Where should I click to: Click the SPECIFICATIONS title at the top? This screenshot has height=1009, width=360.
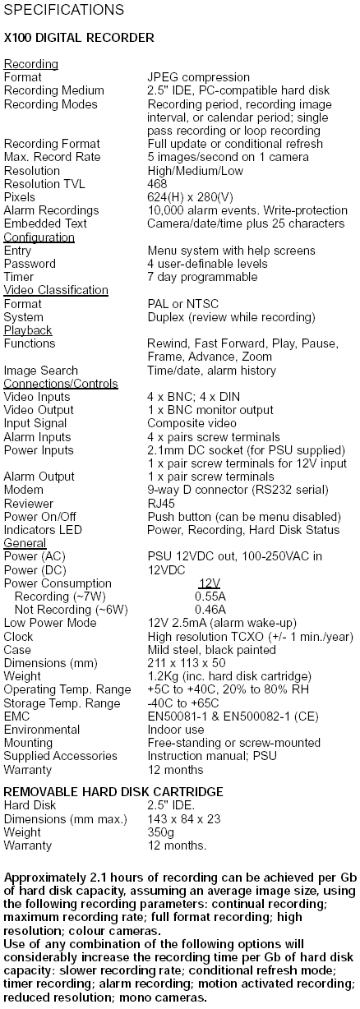pyautogui.click(x=63, y=10)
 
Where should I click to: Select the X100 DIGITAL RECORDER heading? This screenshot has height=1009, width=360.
pyautogui.click(x=79, y=38)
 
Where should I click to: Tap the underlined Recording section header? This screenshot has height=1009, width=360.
pyautogui.click(x=31, y=64)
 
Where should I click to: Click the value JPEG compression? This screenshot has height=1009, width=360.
pyautogui.click(x=198, y=78)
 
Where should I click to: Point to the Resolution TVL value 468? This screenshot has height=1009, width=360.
pyautogui.click(x=157, y=184)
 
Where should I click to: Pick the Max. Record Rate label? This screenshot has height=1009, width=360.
pyautogui.click(x=52, y=157)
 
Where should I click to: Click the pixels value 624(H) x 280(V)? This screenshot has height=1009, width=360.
pyautogui.click(x=190, y=197)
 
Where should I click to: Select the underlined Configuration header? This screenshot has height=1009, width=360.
pyautogui.click(x=39, y=237)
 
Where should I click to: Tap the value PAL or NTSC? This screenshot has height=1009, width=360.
pyautogui.click(x=183, y=304)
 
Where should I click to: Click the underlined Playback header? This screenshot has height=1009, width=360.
pyautogui.click(x=28, y=330)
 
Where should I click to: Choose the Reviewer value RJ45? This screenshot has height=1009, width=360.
pyautogui.click(x=161, y=504)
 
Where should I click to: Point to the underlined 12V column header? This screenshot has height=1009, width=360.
pyautogui.click(x=209, y=583)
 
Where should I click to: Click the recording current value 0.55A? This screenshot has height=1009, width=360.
pyautogui.click(x=210, y=597)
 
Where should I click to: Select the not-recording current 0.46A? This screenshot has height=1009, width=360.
pyautogui.click(x=210, y=610)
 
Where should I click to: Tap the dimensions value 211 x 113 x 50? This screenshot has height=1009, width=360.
pyautogui.click(x=187, y=663)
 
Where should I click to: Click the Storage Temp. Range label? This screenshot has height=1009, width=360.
pyautogui.click(x=62, y=703)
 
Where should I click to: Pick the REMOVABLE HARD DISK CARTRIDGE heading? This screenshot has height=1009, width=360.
pyautogui.click(x=113, y=792)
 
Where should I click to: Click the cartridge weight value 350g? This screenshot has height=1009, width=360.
pyautogui.click(x=161, y=832)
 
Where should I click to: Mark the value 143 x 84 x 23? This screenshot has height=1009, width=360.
pyautogui.click(x=184, y=819)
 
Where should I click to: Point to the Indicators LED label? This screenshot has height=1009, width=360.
pyautogui.click(x=43, y=530)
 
